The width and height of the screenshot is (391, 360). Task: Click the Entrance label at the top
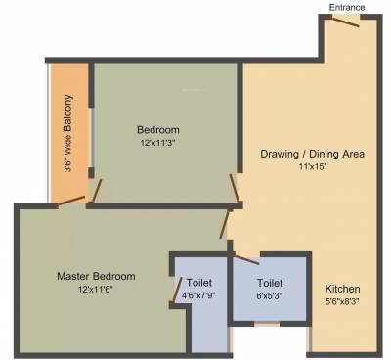point(346,7)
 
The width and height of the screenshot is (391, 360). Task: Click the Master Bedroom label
point(95,276)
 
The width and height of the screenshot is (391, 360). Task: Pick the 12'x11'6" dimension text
point(95,290)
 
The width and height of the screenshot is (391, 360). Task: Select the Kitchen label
point(343,290)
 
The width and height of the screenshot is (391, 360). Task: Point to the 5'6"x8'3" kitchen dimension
point(343,302)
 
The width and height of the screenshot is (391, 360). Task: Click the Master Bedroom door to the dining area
point(228,224)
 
